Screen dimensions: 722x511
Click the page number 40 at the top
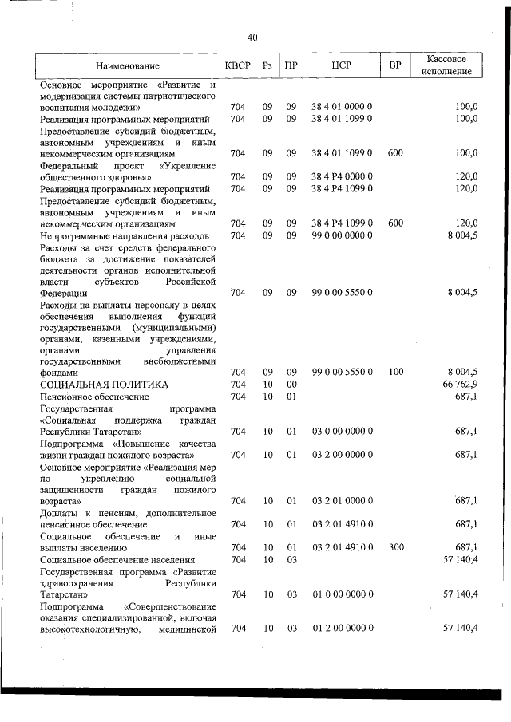pos(252,37)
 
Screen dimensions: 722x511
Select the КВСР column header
pos(238,65)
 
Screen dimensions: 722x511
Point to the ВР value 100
pos(394,373)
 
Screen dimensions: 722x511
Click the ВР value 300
pos(394,548)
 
